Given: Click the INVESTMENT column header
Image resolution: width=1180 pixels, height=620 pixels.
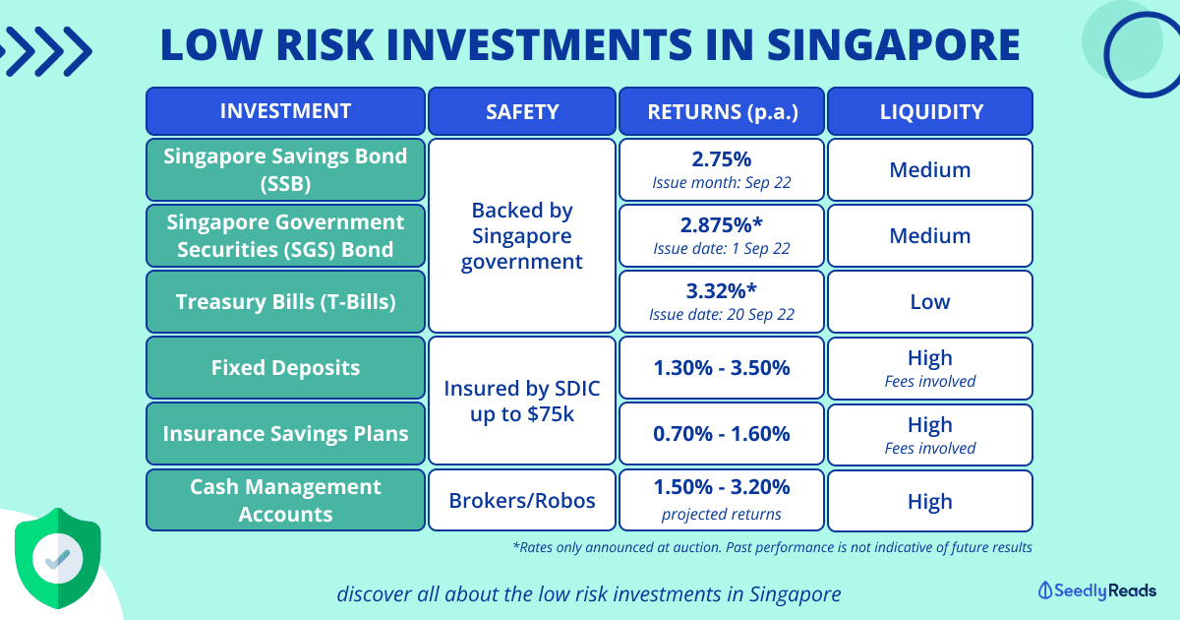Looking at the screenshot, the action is point(285,111).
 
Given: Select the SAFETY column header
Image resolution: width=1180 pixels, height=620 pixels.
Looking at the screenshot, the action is point(522,111).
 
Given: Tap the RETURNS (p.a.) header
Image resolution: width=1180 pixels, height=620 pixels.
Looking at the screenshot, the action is point(722,111).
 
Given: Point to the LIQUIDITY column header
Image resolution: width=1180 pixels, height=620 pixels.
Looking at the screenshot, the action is point(930,111).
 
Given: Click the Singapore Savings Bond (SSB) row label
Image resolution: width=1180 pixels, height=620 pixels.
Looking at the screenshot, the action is point(285,169).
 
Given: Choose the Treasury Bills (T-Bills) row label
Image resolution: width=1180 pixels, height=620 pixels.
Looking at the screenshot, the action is point(285,301).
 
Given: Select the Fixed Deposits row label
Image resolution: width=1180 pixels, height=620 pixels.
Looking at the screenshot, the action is point(285,367).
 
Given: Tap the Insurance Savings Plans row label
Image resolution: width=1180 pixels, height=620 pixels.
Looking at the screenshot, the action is point(285,433).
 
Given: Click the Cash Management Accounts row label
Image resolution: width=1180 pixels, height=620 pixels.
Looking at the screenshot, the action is point(285,500).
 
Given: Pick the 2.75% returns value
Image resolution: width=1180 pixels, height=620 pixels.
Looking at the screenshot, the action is point(722,159).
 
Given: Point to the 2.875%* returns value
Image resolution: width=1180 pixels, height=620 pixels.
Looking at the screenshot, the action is point(722,225).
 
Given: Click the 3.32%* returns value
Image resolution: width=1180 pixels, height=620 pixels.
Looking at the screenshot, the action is point(722,291).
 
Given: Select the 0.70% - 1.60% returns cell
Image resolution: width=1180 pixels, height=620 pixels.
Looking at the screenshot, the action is point(722,433).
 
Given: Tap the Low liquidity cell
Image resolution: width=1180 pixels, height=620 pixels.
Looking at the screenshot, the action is point(930,301).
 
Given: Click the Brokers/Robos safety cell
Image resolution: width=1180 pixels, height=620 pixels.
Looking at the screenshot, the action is point(522,500).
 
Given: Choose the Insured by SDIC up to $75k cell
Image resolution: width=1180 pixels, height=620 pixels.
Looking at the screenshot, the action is point(522,401).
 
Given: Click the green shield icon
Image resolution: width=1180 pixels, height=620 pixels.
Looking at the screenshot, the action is point(58,558).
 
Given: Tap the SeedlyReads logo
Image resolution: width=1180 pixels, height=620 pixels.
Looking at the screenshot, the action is point(1097,590).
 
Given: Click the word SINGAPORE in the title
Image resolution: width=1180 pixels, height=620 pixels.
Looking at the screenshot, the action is point(894,45).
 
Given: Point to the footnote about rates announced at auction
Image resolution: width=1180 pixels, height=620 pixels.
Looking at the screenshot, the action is point(772,547).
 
